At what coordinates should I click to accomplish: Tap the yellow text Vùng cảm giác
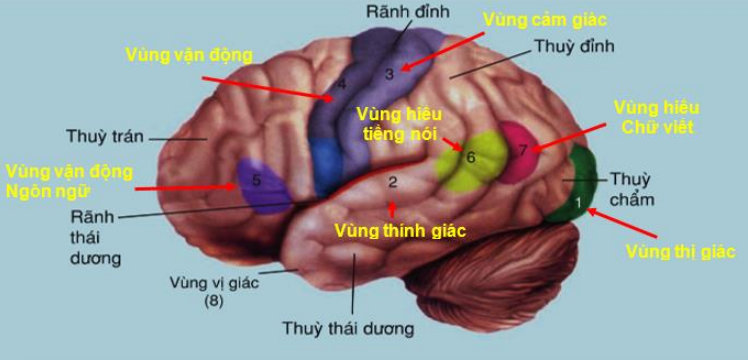point(544,19)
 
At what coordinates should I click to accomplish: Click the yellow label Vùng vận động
point(189,54)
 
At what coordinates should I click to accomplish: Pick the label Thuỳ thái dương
point(348,327)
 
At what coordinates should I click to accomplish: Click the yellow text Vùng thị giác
point(680,251)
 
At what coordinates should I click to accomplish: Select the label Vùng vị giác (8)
point(214,290)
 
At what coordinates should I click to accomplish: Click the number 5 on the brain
point(256,180)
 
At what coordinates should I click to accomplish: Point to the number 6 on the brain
point(470,157)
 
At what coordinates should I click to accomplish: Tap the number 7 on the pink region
point(522,150)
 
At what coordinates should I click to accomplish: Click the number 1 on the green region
point(577,202)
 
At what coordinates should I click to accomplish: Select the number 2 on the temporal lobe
point(393,182)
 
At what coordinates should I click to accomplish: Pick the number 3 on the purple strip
point(390,73)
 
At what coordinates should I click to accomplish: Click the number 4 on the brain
point(341,84)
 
